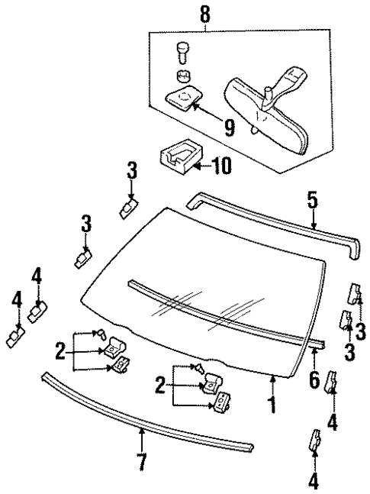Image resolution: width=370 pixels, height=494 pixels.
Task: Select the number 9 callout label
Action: pos(208,127)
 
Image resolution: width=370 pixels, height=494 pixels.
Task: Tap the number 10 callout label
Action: pos(220,164)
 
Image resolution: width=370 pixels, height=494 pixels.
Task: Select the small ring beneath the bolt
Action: pos(181,76)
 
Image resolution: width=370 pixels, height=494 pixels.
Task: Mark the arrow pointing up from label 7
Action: pos(142,438)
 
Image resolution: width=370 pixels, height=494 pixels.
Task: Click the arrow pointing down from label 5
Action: pos(312,219)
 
